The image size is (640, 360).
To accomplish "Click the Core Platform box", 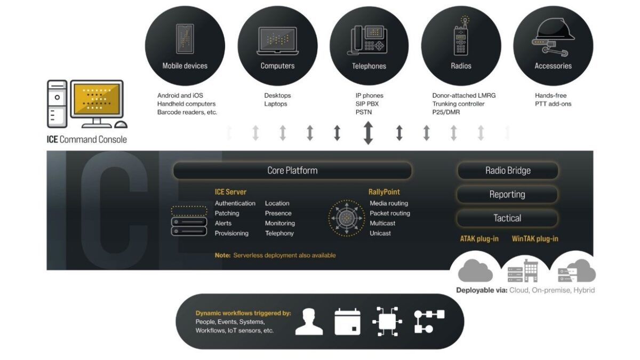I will pyautogui.click(x=292, y=171).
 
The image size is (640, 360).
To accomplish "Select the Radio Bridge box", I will pyautogui.click(x=507, y=171).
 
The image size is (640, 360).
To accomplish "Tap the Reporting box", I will pyautogui.click(x=507, y=195).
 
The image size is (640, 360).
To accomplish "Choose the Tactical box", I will pyautogui.click(x=507, y=218).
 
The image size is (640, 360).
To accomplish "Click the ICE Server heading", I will pyautogui.click(x=230, y=192).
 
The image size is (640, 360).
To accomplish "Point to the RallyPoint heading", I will pyautogui.click(x=384, y=192).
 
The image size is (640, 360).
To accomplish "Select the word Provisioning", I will pyautogui.click(x=231, y=233).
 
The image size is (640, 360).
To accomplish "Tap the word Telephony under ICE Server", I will pyautogui.click(x=279, y=233).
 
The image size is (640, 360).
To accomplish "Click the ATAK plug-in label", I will pyautogui.click(x=479, y=239).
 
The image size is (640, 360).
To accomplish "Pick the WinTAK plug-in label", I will pyautogui.click(x=535, y=239).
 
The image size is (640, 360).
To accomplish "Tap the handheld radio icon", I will pyautogui.click(x=461, y=37).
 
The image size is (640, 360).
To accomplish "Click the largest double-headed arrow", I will pyautogui.click(x=368, y=133).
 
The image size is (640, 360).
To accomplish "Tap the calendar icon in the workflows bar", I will pyautogui.click(x=348, y=321).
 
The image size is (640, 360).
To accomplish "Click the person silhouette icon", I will pyautogui.click(x=309, y=321).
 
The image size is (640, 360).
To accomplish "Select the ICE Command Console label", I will pyautogui.click(x=87, y=140).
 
